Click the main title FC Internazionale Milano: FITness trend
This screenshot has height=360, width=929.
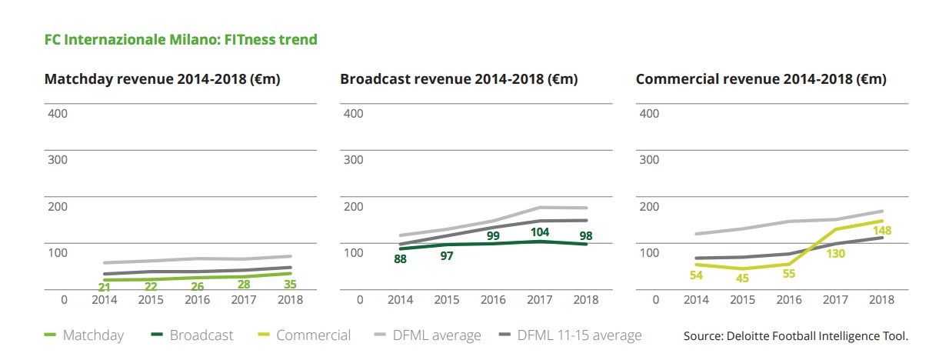coord(181,39)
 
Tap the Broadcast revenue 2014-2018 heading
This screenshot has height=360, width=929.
coord(458,79)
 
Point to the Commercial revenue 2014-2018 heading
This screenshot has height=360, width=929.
coord(761,79)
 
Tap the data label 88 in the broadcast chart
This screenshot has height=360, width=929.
coord(400,259)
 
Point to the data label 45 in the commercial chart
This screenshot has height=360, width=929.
coord(741,278)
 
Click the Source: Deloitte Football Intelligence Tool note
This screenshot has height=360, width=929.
coord(796,336)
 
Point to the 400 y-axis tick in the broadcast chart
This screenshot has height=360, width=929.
coord(353,114)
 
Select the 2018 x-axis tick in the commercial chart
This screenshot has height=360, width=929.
coord(879,299)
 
